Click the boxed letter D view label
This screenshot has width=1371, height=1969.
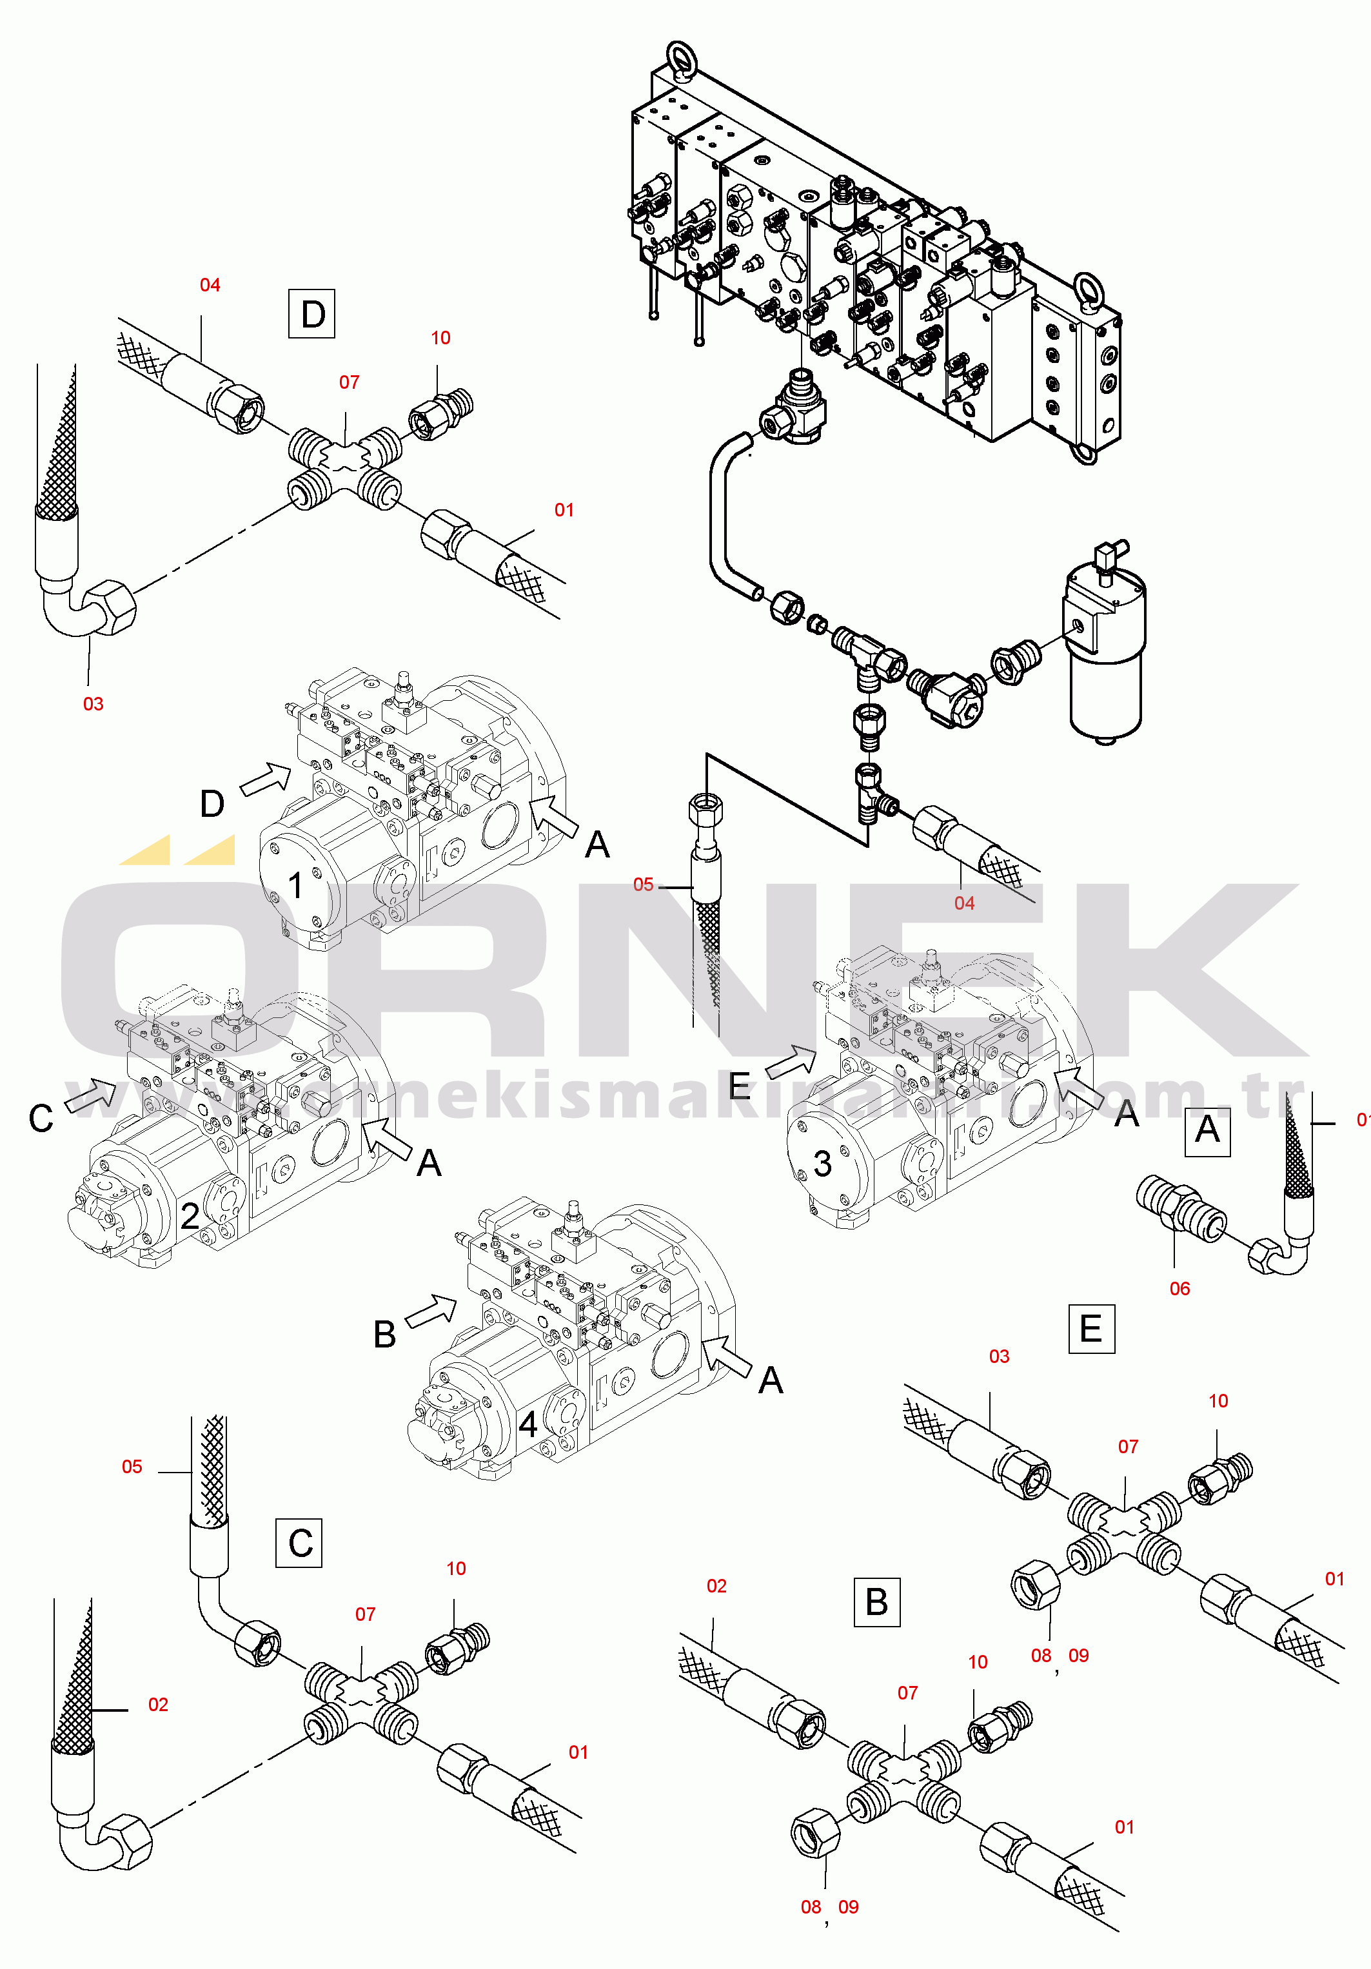(x=311, y=314)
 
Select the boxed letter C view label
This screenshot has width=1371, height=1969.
(x=299, y=1543)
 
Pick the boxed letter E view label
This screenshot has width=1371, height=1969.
(x=1091, y=1328)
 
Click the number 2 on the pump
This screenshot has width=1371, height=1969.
(x=190, y=1215)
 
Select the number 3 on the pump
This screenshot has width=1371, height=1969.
(x=822, y=1164)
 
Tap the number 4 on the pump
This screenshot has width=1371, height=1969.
(x=528, y=1424)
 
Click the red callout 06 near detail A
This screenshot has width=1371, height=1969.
(x=1179, y=1288)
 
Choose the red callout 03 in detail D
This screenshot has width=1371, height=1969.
(x=93, y=704)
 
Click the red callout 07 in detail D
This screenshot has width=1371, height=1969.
(x=349, y=382)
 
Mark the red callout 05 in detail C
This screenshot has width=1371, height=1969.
(x=132, y=1467)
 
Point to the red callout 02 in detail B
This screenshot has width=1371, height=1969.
(x=716, y=1585)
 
